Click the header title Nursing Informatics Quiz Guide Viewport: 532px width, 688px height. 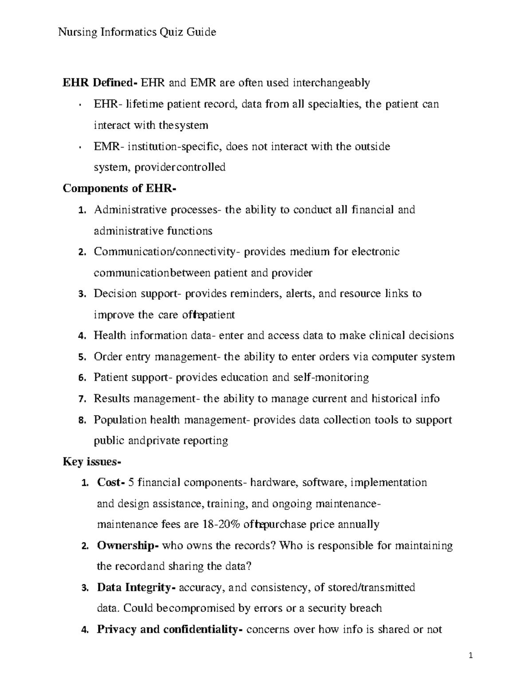point(137,32)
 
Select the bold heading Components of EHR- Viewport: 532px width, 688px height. point(119,188)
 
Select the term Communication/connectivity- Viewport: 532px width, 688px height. point(167,252)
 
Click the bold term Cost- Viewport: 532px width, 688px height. point(111,482)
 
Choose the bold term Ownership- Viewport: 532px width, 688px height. point(128,545)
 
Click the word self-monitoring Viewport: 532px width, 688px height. point(331,377)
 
